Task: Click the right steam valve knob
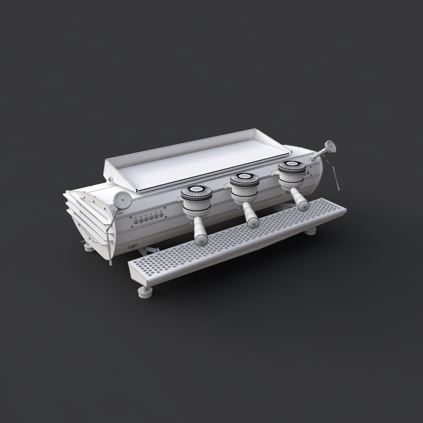point(330,146)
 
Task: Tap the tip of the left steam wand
point(111,263)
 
